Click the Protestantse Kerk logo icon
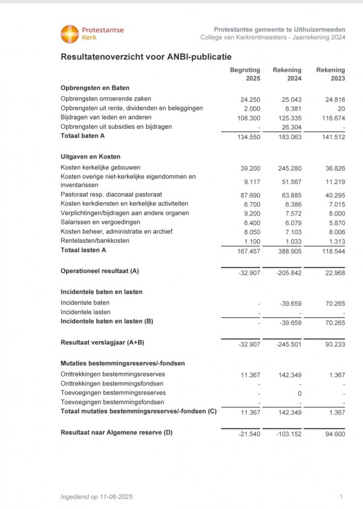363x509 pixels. [70, 34]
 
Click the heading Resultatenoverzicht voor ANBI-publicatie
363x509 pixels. [146, 57]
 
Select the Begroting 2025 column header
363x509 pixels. [245, 74]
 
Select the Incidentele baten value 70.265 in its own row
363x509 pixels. [333, 303]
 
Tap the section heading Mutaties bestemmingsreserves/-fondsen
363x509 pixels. [123, 363]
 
